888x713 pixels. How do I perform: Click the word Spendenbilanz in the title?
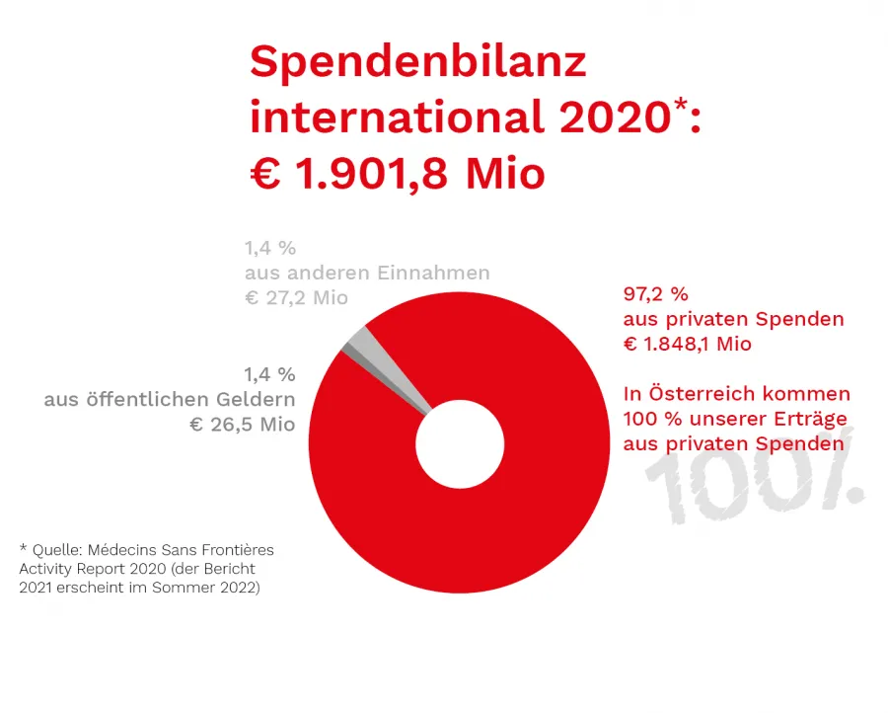[417, 63]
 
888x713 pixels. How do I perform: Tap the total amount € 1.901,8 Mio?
[397, 174]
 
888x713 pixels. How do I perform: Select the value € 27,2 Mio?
[296, 298]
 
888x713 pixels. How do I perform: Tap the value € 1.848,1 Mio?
[687, 345]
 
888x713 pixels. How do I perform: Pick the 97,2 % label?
[655, 294]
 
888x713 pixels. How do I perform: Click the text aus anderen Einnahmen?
[367, 273]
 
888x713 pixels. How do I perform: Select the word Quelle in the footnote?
[56, 549]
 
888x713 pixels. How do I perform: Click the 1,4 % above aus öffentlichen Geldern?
[269, 374]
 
